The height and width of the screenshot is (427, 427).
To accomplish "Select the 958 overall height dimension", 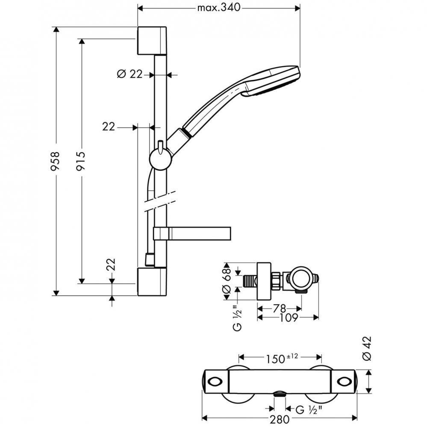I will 55,161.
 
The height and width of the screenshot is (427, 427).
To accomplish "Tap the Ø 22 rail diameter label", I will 129,74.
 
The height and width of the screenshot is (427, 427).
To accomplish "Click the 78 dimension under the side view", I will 280,308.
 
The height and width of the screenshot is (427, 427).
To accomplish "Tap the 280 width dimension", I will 280,419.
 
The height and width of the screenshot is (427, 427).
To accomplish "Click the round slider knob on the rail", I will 161,160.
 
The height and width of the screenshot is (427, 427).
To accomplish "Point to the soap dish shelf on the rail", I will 192,233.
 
